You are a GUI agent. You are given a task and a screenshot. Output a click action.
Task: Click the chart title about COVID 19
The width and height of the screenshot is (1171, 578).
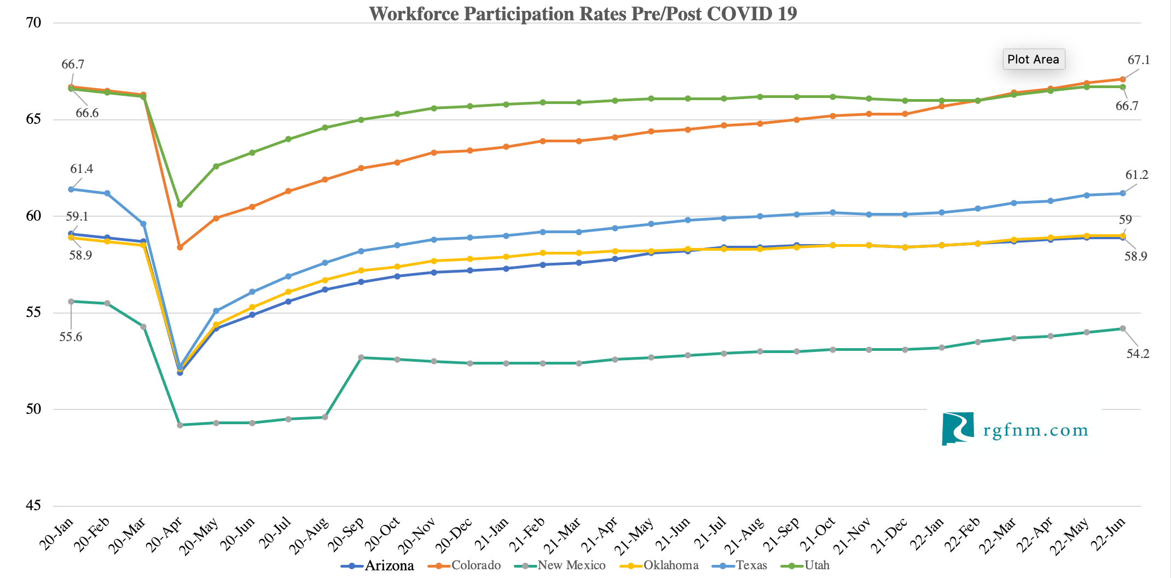pos(583,13)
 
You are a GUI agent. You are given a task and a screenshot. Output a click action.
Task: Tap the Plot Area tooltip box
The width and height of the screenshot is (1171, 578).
pos(1033,59)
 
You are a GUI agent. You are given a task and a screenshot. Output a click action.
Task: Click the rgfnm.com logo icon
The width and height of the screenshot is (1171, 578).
pos(958,428)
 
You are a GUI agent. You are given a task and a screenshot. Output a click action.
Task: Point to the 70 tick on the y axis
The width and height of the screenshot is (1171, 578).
pos(33,22)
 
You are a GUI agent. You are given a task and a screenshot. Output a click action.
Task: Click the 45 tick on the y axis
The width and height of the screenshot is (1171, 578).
pos(33,505)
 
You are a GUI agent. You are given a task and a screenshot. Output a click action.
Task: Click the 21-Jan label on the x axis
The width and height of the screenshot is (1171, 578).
pos(491,534)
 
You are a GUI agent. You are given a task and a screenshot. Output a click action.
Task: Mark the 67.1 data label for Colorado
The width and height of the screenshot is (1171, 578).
pos(1139,60)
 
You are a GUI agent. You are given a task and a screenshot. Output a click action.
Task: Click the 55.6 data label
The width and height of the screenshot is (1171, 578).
pos(71,337)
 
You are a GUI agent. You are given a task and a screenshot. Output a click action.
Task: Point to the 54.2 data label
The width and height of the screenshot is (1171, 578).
pos(1138,354)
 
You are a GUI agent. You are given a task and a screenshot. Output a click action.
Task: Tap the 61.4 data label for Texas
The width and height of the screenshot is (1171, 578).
pos(82,169)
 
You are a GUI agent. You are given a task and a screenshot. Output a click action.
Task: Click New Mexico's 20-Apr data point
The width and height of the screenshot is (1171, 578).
pos(180,425)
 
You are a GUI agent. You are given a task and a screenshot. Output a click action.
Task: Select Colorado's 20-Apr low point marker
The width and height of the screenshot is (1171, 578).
pos(180,247)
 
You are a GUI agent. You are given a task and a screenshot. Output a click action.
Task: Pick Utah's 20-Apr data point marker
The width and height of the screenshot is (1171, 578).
pos(180,205)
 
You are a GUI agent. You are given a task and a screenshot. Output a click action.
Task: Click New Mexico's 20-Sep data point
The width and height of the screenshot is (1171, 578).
pos(361,357)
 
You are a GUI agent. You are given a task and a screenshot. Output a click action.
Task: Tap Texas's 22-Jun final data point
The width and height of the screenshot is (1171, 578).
pos(1123,193)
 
